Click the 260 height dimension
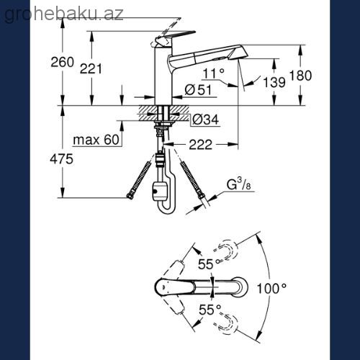[x=62, y=62]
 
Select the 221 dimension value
[x=91, y=68]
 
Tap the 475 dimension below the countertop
[x=61, y=159]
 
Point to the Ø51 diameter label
[x=198, y=90]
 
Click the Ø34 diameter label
[x=206, y=120]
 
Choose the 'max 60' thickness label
[x=96, y=140]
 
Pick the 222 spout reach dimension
[x=201, y=145]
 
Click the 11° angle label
[x=213, y=73]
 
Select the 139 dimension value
[x=274, y=82]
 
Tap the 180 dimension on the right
[x=300, y=76]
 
